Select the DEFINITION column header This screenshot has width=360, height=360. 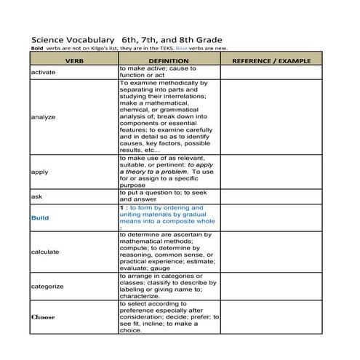[168, 62]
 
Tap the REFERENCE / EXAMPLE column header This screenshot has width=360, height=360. [270, 62]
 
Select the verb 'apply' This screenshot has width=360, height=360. [39, 172]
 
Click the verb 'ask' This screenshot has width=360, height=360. [36, 196]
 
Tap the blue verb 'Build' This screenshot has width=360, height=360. [40, 217]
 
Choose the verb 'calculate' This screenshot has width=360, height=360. [45, 252]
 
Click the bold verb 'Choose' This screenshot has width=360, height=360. [43, 317]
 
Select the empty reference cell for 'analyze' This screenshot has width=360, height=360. [270, 116]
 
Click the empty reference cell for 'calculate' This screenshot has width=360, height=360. [270, 252]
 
